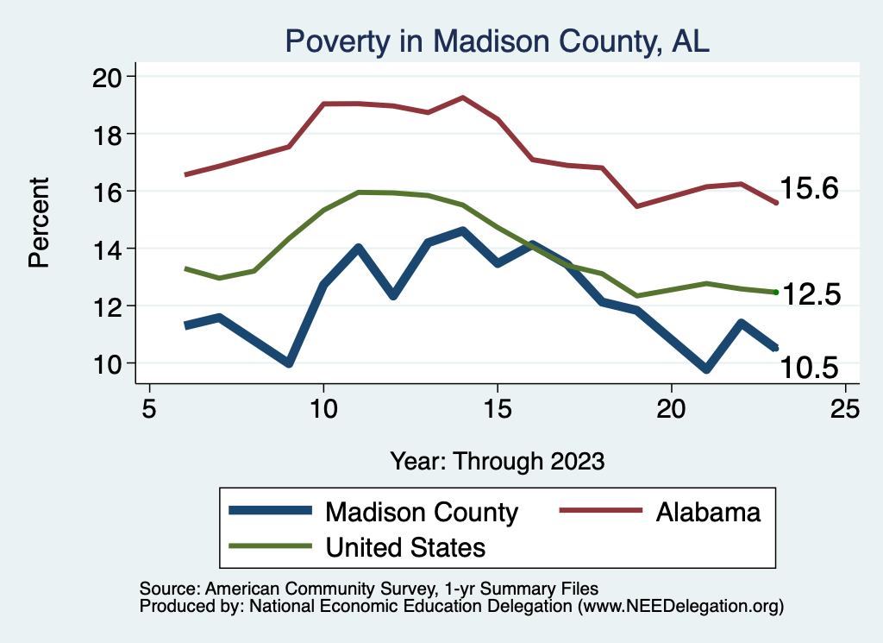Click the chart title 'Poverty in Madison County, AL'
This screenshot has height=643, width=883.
[x=497, y=41]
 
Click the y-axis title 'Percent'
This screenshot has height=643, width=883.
[x=40, y=222]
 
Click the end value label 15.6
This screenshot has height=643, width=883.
[x=809, y=189]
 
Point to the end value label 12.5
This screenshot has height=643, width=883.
[x=809, y=294]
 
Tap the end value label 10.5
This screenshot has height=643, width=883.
[x=809, y=369]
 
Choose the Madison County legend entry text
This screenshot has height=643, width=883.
[x=421, y=513]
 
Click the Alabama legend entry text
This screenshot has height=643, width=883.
[x=708, y=513]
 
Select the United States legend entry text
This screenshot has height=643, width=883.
[x=405, y=547]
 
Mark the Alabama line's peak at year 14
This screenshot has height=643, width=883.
[x=463, y=98]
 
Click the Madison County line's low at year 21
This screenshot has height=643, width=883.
[x=706, y=369]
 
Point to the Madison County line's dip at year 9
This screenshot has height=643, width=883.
[x=289, y=363]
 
